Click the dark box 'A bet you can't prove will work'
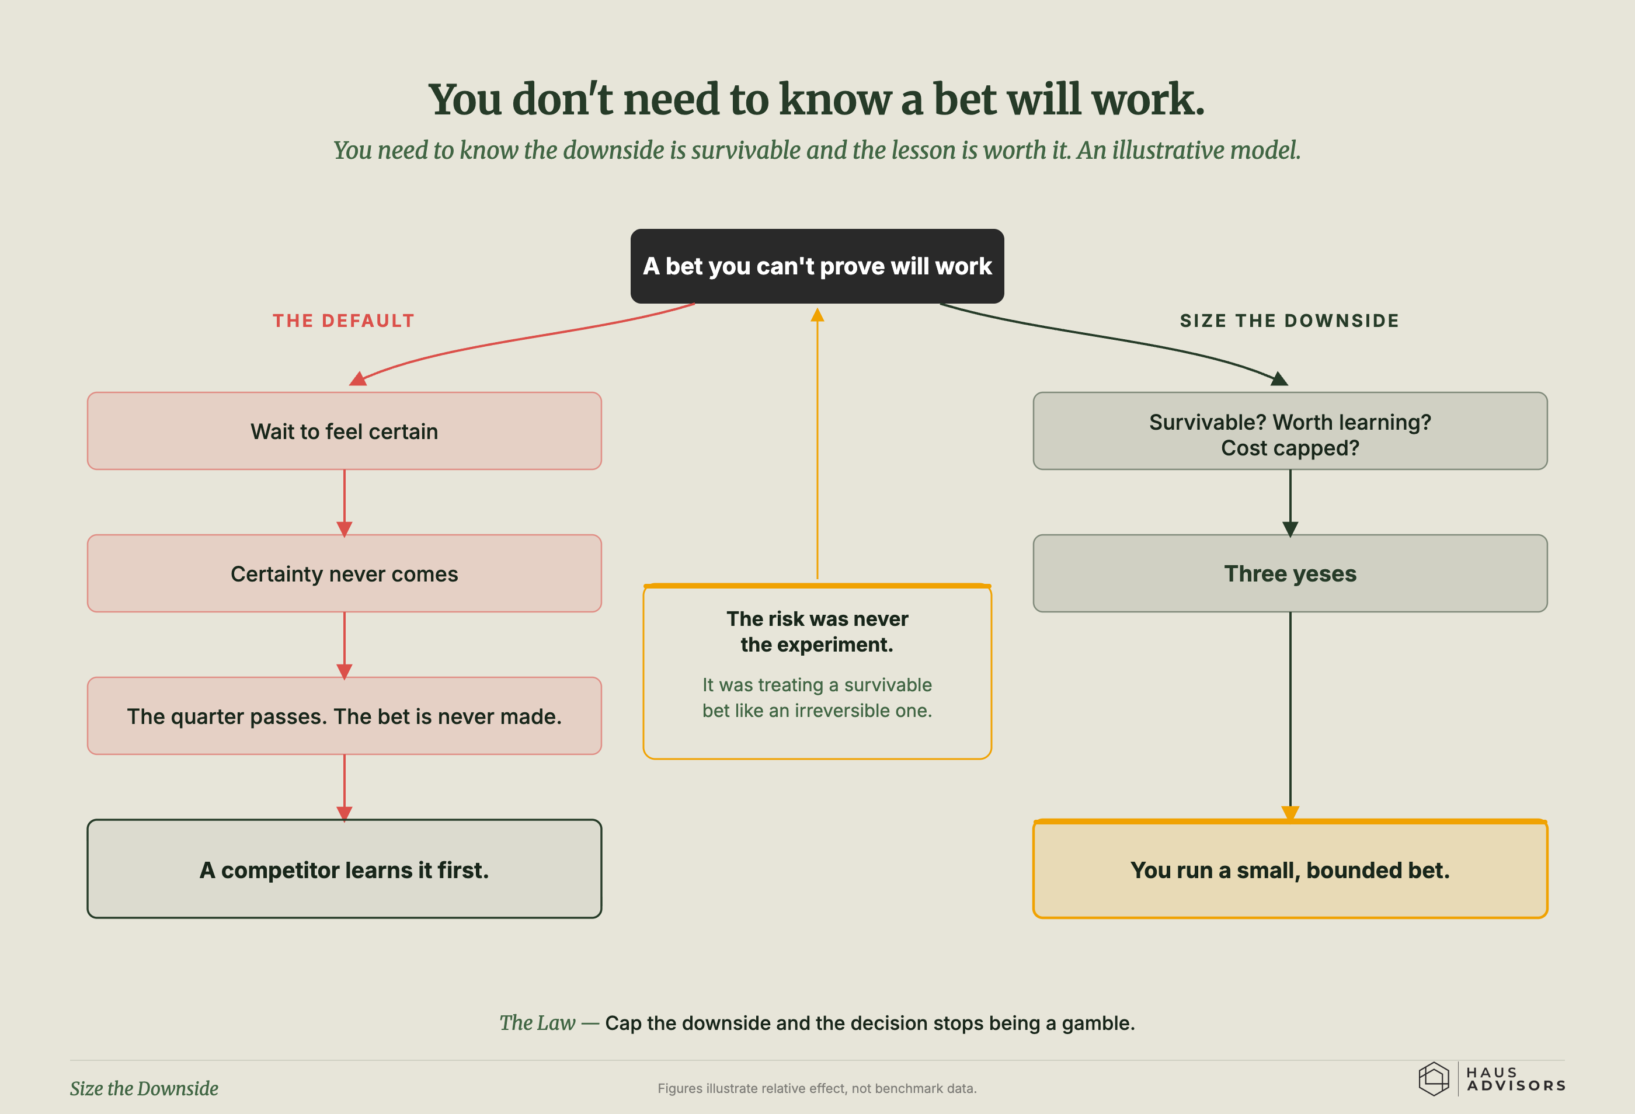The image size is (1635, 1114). click(817, 266)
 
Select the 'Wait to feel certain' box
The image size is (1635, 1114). click(344, 431)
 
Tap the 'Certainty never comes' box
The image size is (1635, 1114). click(344, 573)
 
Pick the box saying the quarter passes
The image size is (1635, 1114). click(344, 716)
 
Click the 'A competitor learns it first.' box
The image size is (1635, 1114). click(344, 869)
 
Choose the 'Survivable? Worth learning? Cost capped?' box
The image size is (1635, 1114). click(1289, 431)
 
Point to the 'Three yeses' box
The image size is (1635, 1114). click(1289, 573)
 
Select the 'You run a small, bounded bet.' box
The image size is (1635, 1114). click(1289, 869)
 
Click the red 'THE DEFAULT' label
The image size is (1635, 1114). click(343, 321)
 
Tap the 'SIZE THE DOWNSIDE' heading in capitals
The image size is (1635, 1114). click(1289, 321)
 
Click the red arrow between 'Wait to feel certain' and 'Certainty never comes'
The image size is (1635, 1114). click(344, 503)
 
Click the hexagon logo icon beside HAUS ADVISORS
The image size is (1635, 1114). click(1433, 1079)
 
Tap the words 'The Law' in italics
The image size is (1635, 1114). click(537, 1022)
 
